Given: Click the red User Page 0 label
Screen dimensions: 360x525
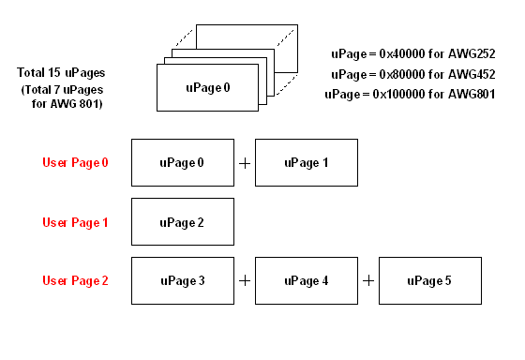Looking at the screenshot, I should pos(75,162).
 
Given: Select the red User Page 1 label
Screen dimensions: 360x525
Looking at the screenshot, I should pos(75,222).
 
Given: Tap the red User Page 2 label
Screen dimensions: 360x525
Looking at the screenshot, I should pos(75,280).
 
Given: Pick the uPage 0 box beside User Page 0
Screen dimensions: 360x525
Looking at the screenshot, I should pos(182,162).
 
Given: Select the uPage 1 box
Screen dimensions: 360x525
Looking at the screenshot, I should pos(306,162).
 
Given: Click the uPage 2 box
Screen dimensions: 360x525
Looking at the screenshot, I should pos(182,222).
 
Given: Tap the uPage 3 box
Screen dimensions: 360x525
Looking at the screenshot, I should pos(182,280).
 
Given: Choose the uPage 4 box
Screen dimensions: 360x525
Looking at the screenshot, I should pos(306,280).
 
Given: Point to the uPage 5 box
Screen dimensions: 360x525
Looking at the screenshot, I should pos(429,280).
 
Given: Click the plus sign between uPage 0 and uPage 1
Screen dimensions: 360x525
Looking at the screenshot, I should pos(245,163).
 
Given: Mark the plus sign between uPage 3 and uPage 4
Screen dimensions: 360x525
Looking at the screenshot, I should pos(245,280).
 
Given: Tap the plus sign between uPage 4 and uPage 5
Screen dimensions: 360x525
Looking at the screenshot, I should pos(368,280).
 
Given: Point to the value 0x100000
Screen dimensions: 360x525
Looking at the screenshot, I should pos(399,95).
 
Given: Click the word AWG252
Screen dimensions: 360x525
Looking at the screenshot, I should pos(471,53).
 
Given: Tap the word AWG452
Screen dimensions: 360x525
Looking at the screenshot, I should pos(471,74).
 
